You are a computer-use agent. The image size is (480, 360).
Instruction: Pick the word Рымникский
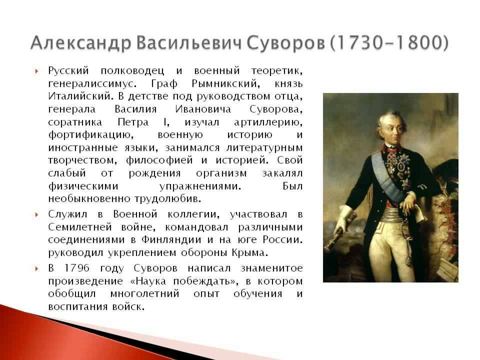[224, 83]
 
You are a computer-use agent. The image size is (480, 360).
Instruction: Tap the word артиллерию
[268, 122]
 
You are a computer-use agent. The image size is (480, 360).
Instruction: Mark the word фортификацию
[90, 135]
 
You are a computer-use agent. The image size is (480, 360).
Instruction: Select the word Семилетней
[80, 227]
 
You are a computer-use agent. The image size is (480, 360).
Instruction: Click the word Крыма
[250, 253]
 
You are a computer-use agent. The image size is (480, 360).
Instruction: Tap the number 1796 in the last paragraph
[77, 268]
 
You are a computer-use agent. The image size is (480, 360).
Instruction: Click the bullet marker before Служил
[36, 214]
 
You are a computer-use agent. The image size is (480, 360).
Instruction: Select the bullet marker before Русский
[36, 71]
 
